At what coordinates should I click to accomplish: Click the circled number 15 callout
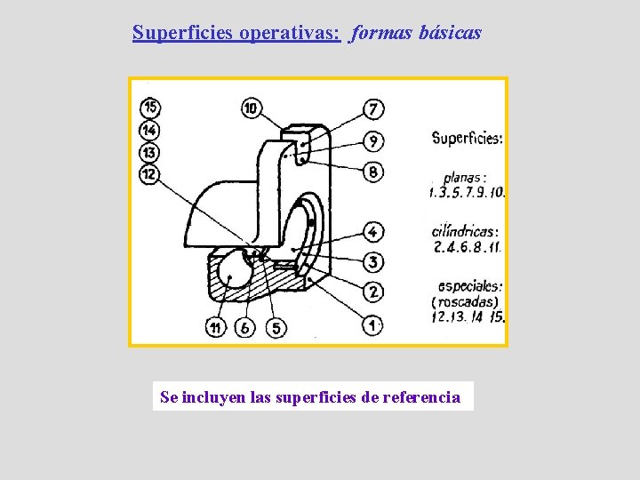pyautogui.click(x=149, y=108)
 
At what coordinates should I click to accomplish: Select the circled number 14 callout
pyautogui.click(x=149, y=131)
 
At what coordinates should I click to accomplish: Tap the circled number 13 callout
pyautogui.click(x=149, y=152)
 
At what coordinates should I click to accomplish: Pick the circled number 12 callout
pyautogui.click(x=149, y=174)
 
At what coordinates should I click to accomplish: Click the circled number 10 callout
pyautogui.click(x=252, y=108)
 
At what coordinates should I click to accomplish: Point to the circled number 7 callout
pyautogui.click(x=373, y=109)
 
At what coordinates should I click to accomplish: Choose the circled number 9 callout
pyautogui.click(x=373, y=140)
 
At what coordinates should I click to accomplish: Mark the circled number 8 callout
pyautogui.click(x=373, y=171)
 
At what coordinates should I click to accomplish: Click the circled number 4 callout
pyautogui.click(x=373, y=232)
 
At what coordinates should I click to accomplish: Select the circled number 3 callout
pyautogui.click(x=373, y=262)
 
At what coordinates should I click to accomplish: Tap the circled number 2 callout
pyautogui.click(x=373, y=292)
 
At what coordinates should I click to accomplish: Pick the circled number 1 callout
pyautogui.click(x=373, y=325)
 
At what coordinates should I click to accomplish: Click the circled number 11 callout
pyautogui.click(x=215, y=328)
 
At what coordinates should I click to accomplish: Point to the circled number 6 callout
pyautogui.click(x=246, y=328)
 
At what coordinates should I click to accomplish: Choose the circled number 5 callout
pyautogui.click(x=276, y=328)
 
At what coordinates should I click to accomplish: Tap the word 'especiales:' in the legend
pyautogui.click(x=470, y=286)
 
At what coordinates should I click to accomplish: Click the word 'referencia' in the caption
pyautogui.click(x=421, y=396)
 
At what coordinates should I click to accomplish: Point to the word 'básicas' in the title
pyautogui.click(x=451, y=33)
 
